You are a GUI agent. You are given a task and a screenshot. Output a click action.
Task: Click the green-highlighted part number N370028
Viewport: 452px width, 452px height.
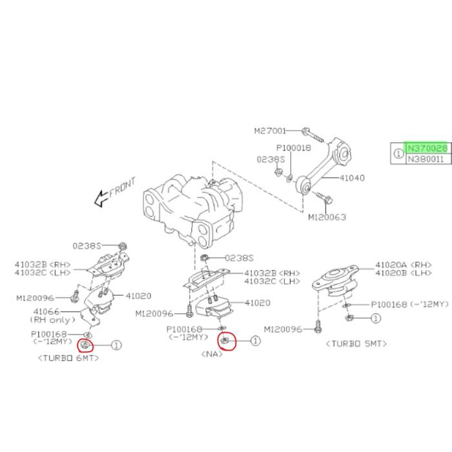pos(427,149)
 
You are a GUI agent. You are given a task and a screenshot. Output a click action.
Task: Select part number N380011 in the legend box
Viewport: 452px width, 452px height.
pos(426,159)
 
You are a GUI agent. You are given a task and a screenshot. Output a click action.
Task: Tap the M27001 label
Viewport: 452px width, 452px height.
pos(270,131)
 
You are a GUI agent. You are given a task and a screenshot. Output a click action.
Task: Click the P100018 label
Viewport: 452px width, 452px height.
pos(293,148)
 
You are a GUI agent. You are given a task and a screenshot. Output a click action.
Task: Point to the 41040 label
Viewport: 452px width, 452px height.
pos(352,178)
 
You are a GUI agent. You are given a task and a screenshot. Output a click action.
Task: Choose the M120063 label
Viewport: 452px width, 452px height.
pos(327,217)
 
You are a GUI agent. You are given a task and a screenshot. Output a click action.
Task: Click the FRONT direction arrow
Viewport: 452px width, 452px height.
pos(101,199)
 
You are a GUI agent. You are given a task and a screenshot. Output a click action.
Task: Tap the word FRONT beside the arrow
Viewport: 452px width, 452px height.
pos(122,187)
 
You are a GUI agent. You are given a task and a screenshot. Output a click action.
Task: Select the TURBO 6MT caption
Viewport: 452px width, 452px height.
pos(68,358)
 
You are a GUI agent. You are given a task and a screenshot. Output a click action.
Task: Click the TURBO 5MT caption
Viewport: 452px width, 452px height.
pos(356,344)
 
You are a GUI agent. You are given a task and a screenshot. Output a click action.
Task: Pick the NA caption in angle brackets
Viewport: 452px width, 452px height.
pos(212,354)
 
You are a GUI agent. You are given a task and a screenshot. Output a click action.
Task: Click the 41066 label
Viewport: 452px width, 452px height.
pos(46,312)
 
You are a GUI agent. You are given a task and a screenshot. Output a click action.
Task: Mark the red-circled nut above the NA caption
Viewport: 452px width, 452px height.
pos(225,341)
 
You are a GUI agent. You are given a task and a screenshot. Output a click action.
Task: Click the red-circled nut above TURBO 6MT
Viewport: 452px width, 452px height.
pos(85,344)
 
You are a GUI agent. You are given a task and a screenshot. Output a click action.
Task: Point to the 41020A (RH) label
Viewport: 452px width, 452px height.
pos(404,265)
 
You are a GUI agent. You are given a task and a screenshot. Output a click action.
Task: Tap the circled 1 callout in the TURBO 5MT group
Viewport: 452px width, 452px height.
pos(376,318)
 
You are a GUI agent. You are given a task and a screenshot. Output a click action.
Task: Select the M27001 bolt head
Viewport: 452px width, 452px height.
pos(305,131)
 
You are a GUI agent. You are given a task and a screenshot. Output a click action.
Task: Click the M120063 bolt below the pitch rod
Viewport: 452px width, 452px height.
pos(325,197)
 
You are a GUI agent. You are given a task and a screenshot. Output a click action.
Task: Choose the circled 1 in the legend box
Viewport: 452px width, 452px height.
pos(398,154)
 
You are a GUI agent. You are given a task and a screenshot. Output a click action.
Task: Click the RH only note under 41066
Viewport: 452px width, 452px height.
pos(52,320)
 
